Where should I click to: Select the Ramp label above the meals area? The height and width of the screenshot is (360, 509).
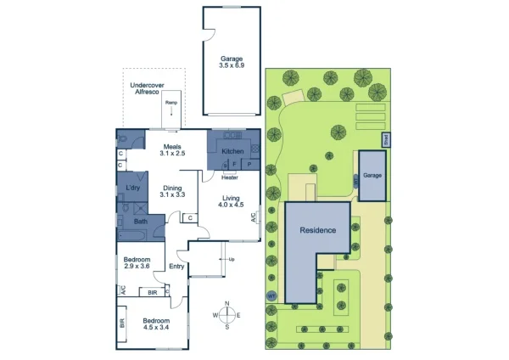[171, 103]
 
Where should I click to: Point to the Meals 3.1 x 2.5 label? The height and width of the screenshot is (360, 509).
[172, 149]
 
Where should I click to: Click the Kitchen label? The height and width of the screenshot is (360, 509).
[232, 151]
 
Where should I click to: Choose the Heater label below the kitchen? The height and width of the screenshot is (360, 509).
[229, 177]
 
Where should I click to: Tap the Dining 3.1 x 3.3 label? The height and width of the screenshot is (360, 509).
[172, 191]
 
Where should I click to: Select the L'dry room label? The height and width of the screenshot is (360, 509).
[132, 187]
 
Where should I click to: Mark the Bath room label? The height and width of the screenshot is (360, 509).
[129, 221]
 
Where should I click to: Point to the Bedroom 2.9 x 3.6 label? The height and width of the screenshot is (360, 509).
[137, 262]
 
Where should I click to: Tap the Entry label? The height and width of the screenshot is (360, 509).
[176, 267]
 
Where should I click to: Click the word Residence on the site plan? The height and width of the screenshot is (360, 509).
[316, 230]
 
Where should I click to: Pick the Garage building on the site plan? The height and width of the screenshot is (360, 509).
[372, 174]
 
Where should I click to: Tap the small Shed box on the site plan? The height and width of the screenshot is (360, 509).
[384, 138]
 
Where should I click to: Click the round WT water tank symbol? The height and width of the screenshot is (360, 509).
[271, 295]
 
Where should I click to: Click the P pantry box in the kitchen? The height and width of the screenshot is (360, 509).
[250, 162]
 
